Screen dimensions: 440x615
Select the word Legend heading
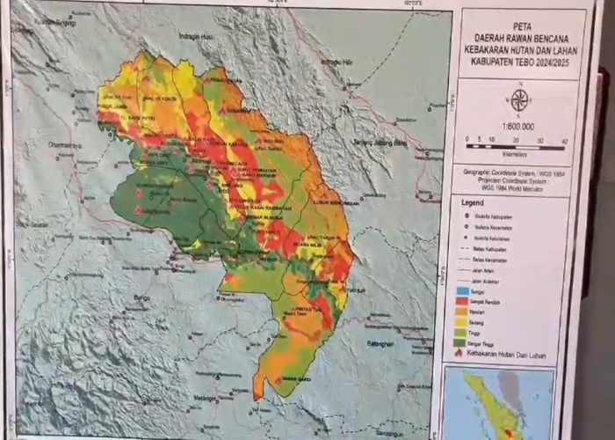tap(474, 202)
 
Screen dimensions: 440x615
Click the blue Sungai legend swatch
tap(463, 290)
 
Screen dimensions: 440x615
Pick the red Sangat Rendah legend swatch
tap(463, 300)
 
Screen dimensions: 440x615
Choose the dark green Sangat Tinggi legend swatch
tap(463, 341)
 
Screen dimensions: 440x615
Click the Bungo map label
tap(139, 300)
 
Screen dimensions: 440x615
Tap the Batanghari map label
tap(384, 343)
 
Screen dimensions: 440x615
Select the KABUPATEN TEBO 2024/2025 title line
tap(521, 61)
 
